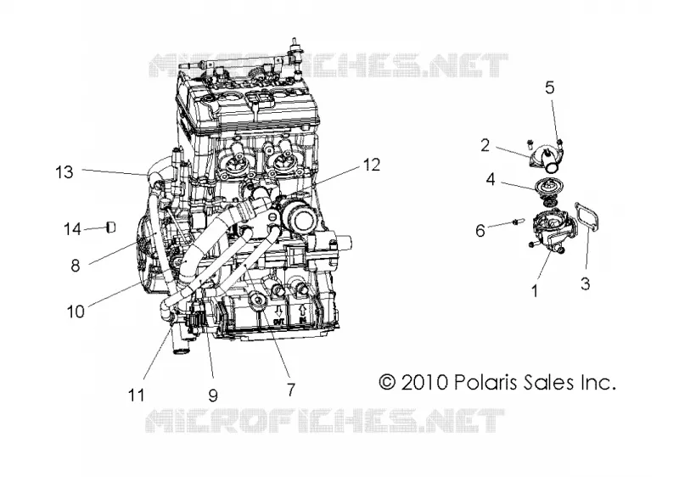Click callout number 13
click(x=65, y=172)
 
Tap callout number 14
click(x=72, y=228)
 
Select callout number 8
click(x=76, y=266)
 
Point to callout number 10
click(x=76, y=311)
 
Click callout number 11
click(x=136, y=395)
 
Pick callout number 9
click(x=213, y=395)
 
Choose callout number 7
click(x=291, y=390)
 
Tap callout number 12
click(x=372, y=165)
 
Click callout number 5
click(x=549, y=87)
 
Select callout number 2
click(x=485, y=145)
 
